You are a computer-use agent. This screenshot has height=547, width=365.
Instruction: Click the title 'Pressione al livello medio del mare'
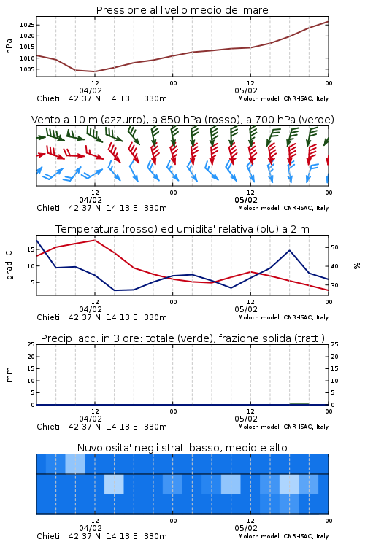point(182,10)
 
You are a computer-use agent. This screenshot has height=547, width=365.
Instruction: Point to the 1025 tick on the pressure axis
point(27,25)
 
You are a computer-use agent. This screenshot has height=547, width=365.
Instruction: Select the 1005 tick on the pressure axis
point(27,69)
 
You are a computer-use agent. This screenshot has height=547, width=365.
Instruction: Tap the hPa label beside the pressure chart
point(9,46)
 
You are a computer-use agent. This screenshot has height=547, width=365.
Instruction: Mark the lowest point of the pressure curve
point(95,71)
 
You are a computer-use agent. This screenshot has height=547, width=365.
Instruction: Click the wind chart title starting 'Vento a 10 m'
point(182,120)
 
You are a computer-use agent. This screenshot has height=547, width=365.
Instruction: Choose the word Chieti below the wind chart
point(48,208)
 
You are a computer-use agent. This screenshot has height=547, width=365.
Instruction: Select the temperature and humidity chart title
point(182,229)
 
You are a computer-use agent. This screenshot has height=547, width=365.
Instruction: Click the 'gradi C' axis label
point(9,265)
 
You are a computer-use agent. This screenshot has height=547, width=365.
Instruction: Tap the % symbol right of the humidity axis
point(357,265)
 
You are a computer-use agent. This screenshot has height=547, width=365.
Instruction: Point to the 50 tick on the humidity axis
point(334,247)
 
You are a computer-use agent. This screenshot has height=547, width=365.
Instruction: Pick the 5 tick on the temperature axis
point(33,282)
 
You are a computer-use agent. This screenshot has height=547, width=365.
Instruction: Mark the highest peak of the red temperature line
point(95,240)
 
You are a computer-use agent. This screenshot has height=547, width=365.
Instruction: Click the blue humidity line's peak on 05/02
point(290,250)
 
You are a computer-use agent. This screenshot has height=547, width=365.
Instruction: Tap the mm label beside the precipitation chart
point(9,375)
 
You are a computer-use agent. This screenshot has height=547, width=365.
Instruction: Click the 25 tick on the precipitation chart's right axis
point(334,344)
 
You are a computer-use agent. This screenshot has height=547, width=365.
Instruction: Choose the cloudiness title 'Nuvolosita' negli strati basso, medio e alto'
point(182,448)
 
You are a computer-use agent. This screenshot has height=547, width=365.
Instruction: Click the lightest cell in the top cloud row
point(75,464)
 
